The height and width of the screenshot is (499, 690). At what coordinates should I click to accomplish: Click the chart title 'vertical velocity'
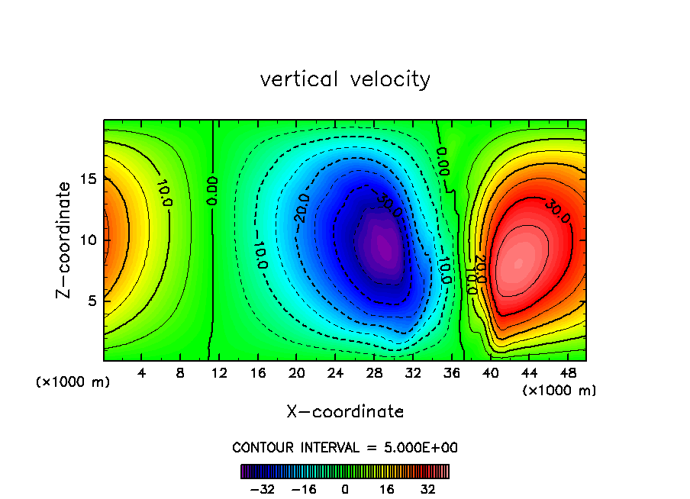[345, 79]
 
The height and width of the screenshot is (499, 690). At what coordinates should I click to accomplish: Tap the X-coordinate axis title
[345, 412]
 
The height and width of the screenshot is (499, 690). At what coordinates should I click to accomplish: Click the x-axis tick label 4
[141, 374]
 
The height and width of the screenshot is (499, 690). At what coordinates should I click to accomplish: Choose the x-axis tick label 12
[219, 374]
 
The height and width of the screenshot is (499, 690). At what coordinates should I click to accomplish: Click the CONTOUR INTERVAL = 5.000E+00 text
[345, 448]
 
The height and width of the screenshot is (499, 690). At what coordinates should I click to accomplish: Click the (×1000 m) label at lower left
[73, 382]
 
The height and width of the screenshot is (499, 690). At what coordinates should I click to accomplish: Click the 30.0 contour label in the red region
[558, 212]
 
